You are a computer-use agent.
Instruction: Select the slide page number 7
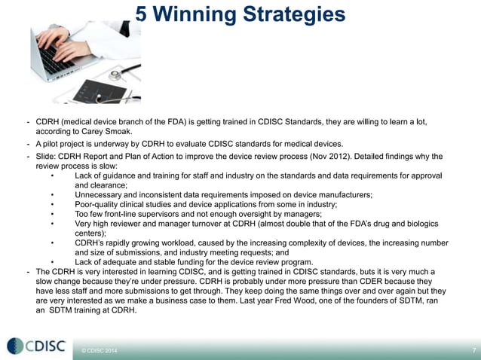click(473, 351)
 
